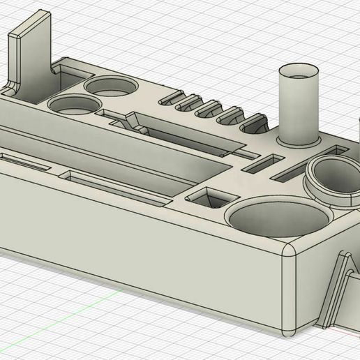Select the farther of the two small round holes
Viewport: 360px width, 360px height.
[x=111, y=86]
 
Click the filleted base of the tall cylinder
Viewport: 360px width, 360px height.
[x=299, y=140]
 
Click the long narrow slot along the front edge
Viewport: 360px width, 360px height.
[x=24, y=161]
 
